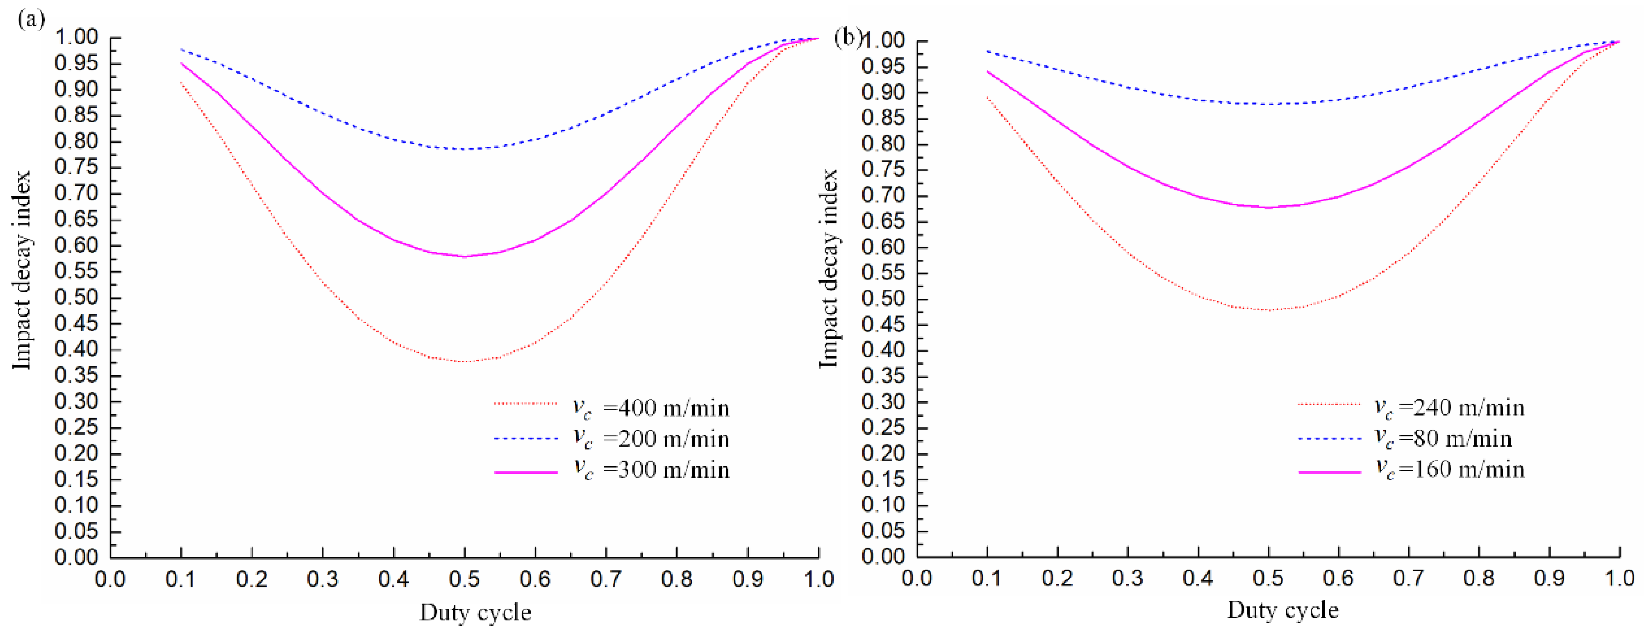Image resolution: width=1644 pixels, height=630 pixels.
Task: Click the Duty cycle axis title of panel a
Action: point(475,612)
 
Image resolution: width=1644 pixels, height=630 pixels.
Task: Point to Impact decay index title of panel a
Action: point(22,269)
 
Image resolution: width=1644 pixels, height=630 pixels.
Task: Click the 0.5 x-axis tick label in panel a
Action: point(464,579)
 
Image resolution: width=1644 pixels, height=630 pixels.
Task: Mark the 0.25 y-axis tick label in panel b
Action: point(883,428)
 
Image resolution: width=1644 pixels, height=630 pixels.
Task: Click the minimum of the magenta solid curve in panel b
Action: point(1268,207)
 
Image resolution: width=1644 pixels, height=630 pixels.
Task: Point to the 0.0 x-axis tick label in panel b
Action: point(917,579)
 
